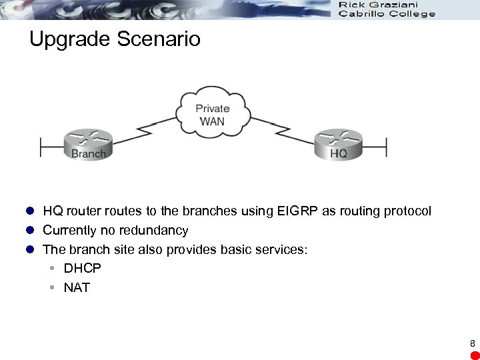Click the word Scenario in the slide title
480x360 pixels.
pos(158,39)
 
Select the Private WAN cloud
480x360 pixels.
pos(213,114)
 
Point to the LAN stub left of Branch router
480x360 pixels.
pos(51,146)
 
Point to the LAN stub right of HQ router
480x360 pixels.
pos(376,146)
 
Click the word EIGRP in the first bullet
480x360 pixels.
pos(297,211)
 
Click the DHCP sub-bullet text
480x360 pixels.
pos(82,269)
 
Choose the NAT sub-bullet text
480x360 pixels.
pos(77,288)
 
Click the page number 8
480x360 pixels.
pos(472,344)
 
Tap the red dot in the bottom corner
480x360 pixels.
pos(473,355)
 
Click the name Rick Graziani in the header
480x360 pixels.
pos(378,5)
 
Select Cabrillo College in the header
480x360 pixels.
pos(387,14)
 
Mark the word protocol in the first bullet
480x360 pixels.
pos(407,211)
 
